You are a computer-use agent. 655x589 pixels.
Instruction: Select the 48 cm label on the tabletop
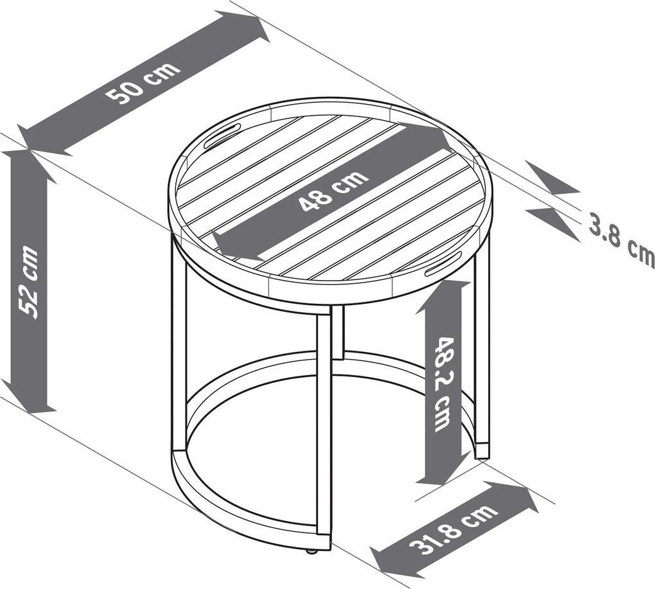[334, 191]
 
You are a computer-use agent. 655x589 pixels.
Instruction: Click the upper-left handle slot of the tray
[222, 134]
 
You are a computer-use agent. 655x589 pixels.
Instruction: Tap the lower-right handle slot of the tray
[444, 264]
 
